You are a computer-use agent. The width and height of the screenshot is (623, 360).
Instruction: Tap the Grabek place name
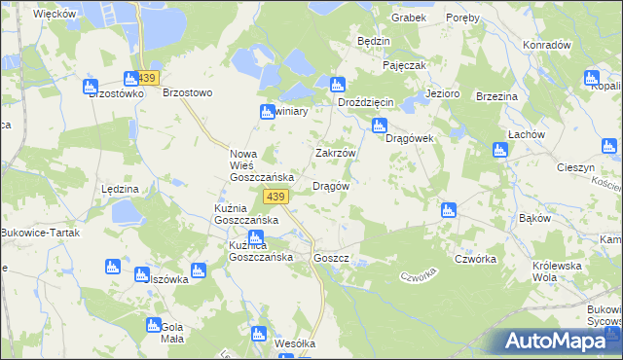pos(409,18)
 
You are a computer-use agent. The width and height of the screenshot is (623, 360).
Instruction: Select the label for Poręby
pos(462,18)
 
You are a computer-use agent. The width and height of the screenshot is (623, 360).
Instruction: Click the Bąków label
pos(536,218)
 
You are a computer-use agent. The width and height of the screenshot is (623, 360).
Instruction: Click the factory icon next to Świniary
pos(268,113)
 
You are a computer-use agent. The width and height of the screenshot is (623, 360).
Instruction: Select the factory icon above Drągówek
pos(380,125)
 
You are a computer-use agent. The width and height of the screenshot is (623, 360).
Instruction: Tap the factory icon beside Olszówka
pos(200,271)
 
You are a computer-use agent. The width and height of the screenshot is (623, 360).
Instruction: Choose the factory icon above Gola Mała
pos(152,327)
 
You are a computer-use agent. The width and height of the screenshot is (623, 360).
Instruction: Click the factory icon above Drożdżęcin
pos(338,85)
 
